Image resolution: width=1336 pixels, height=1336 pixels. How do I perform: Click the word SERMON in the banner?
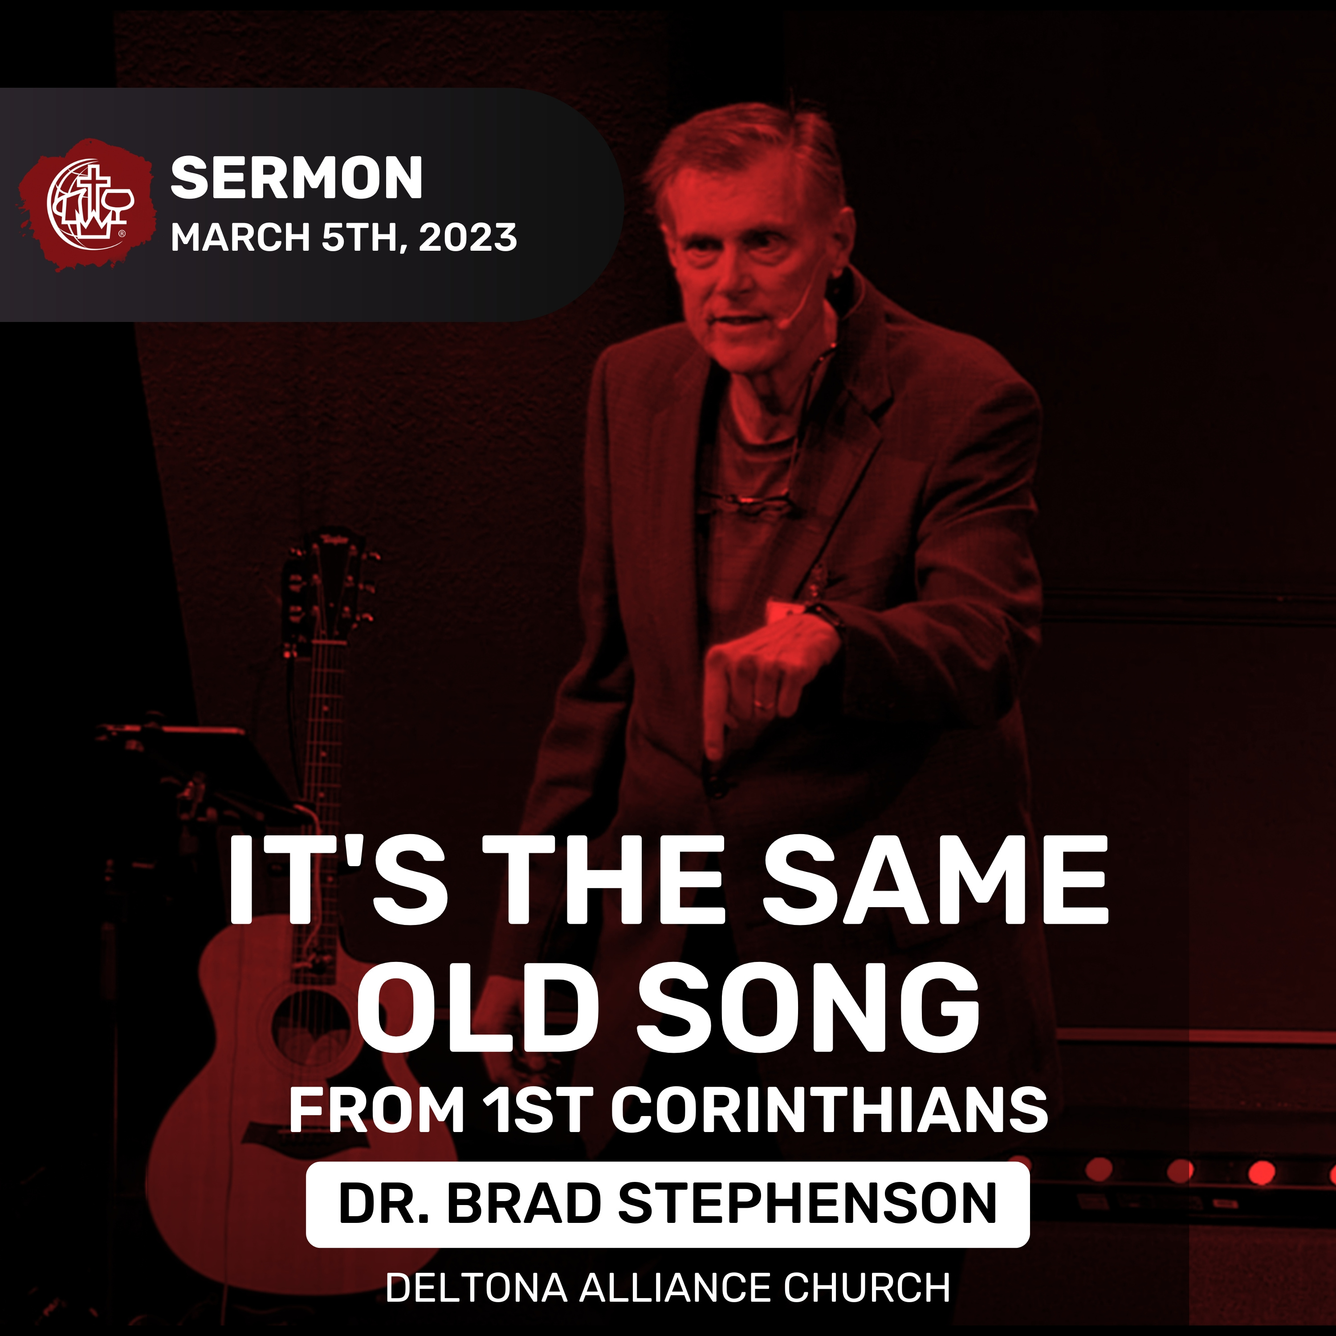(297, 179)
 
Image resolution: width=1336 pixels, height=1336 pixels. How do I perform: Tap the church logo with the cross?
(86, 204)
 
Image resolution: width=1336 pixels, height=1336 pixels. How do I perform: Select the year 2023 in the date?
(468, 237)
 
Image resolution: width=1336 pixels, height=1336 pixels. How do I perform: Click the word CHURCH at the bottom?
(867, 1288)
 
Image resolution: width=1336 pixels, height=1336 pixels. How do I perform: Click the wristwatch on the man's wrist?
(827, 618)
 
